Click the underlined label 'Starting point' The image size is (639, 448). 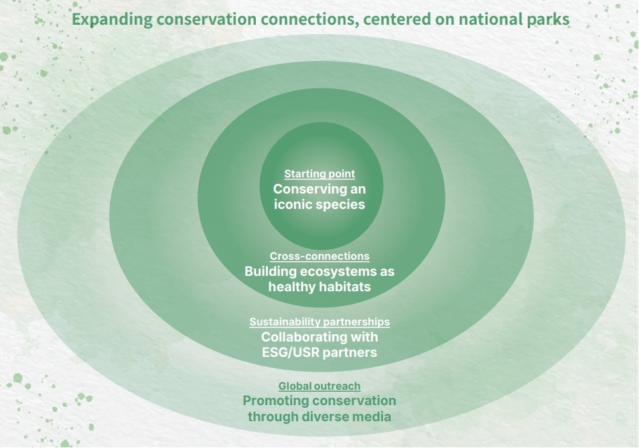319,174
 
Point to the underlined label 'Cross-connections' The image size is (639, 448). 319,256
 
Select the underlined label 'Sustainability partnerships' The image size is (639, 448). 319,322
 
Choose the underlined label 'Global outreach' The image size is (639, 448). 319,386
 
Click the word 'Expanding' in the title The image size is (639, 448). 111,19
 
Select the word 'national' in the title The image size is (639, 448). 486,19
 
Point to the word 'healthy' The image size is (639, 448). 291,287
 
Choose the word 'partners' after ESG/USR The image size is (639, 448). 350,352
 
